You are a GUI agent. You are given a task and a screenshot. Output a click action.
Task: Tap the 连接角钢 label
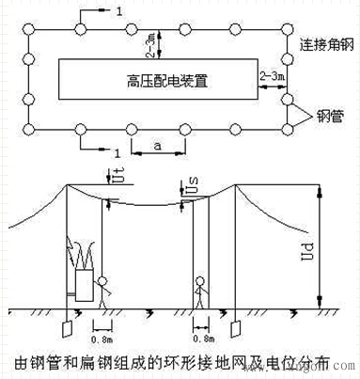pyautogui.click(x=322, y=46)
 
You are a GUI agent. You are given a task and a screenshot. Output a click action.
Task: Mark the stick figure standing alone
pyautogui.click(x=200, y=291)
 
